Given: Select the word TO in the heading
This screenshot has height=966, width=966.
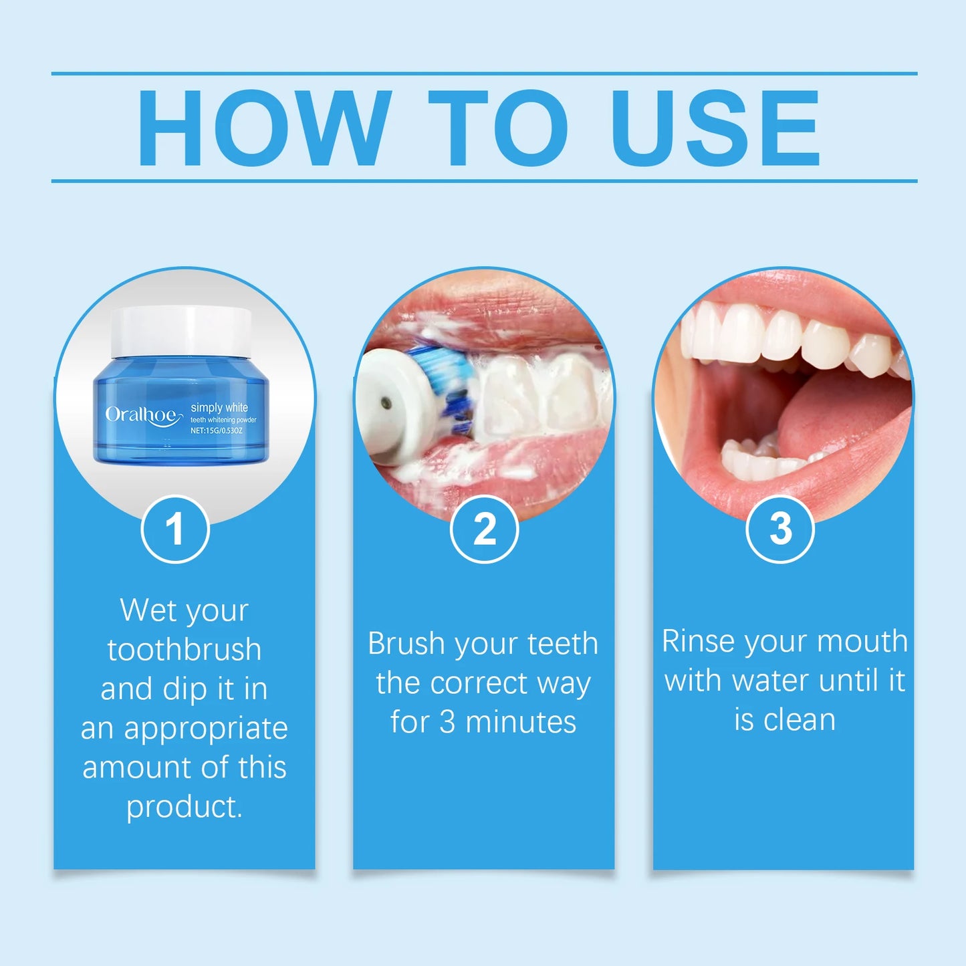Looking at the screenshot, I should pyautogui.click(x=497, y=127).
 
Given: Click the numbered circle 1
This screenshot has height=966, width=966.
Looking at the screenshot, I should pyautogui.click(x=175, y=529).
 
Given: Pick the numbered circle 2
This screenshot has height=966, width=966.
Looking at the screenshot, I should pyautogui.click(x=484, y=529).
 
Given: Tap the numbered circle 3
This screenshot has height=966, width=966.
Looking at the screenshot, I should pyautogui.click(x=780, y=529).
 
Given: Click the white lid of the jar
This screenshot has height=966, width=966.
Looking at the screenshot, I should pyautogui.click(x=180, y=330).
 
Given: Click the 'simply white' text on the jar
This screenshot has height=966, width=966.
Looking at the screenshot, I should pyautogui.click(x=219, y=407).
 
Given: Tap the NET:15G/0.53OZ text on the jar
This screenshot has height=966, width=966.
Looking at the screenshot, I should pyautogui.click(x=216, y=431).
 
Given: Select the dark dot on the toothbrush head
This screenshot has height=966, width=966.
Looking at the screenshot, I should pyautogui.click(x=385, y=402).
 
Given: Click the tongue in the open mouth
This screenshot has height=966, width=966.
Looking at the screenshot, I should pyautogui.click(x=842, y=414).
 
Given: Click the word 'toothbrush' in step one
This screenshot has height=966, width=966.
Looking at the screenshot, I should pyautogui.click(x=185, y=650).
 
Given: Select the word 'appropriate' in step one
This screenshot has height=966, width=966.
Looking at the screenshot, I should pyautogui.click(x=206, y=729).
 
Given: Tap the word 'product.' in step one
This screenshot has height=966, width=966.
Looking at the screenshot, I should pyautogui.click(x=185, y=807).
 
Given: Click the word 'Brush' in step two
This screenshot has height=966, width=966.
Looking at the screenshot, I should pyautogui.click(x=406, y=644).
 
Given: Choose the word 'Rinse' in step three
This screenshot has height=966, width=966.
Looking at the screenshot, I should pyautogui.click(x=698, y=641).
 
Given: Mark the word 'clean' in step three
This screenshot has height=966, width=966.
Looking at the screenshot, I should pyautogui.click(x=800, y=720).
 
